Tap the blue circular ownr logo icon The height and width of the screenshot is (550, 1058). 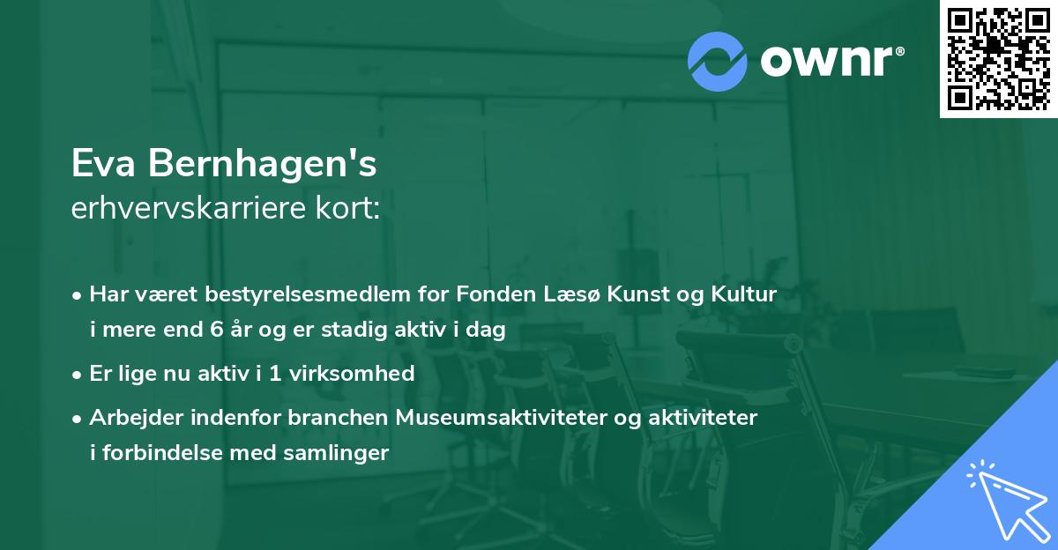pyautogui.click(x=717, y=62)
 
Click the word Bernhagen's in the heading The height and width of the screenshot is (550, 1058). pyautogui.click(x=263, y=164)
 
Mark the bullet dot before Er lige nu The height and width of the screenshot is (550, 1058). pyautogui.click(x=78, y=375)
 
